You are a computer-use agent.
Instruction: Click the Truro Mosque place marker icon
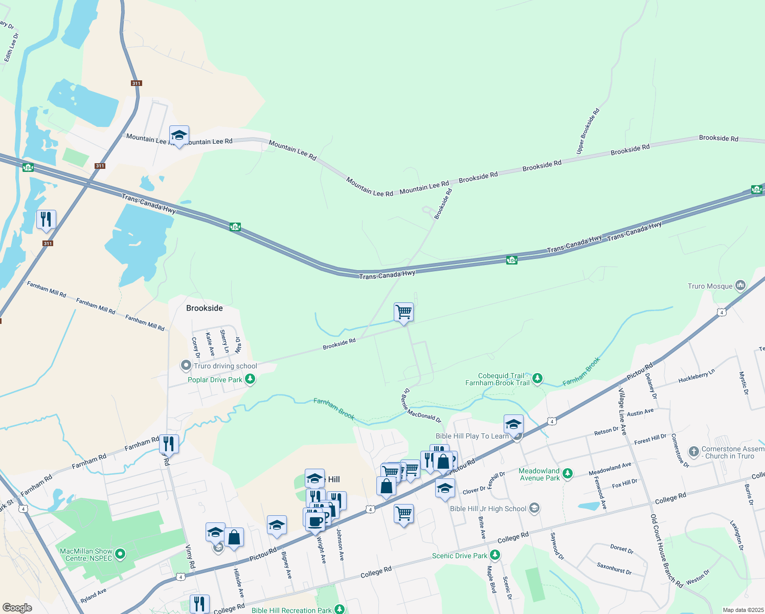pyautogui.click(x=740, y=286)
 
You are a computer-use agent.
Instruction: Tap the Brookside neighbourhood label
pyautogui.click(x=204, y=308)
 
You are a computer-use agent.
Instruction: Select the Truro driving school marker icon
pyautogui.click(x=186, y=366)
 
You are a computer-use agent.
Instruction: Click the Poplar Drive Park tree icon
pyautogui.click(x=250, y=379)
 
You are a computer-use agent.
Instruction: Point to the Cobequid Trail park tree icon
pyautogui.click(x=537, y=379)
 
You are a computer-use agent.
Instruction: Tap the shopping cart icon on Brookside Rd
pyautogui.click(x=403, y=312)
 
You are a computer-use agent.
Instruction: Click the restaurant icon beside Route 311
pyautogui.click(x=47, y=219)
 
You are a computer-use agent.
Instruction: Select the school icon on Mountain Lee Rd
pyautogui.click(x=179, y=136)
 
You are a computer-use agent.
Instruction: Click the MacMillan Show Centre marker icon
pyautogui.click(x=120, y=554)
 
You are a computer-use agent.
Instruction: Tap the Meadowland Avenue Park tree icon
pyautogui.click(x=567, y=474)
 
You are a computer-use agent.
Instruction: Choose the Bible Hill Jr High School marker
pyautogui.click(x=534, y=508)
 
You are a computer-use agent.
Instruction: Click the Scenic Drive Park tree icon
pyautogui.click(x=494, y=555)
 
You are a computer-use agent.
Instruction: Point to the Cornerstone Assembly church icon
pyautogui.click(x=694, y=451)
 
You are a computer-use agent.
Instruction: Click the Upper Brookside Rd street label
pyautogui.click(x=588, y=131)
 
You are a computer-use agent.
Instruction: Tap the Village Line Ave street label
pyautogui.click(x=622, y=412)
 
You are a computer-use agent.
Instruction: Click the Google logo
pyautogui.click(x=17, y=608)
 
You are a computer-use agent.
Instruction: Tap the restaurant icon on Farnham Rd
pyautogui.click(x=168, y=443)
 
